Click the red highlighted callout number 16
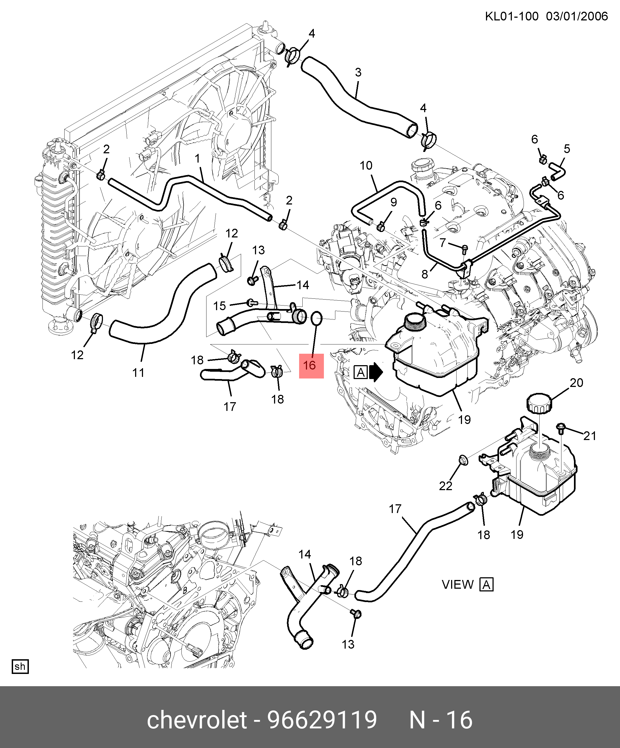[x=311, y=365]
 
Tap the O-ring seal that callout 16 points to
[x=317, y=318]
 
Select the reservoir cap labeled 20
[x=539, y=403]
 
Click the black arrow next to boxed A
[x=376, y=372]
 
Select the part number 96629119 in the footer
[x=322, y=720]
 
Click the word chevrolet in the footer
[x=197, y=720]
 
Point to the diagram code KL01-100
[x=512, y=16]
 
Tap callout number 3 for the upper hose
[x=358, y=73]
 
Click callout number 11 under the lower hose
[x=138, y=373]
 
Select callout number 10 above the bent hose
[x=366, y=166]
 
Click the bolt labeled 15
[x=252, y=303]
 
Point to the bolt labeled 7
[x=464, y=248]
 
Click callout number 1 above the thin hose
[x=197, y=158]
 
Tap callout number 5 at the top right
[x=567, y=149]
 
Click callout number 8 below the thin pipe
[x=425, y=274]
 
